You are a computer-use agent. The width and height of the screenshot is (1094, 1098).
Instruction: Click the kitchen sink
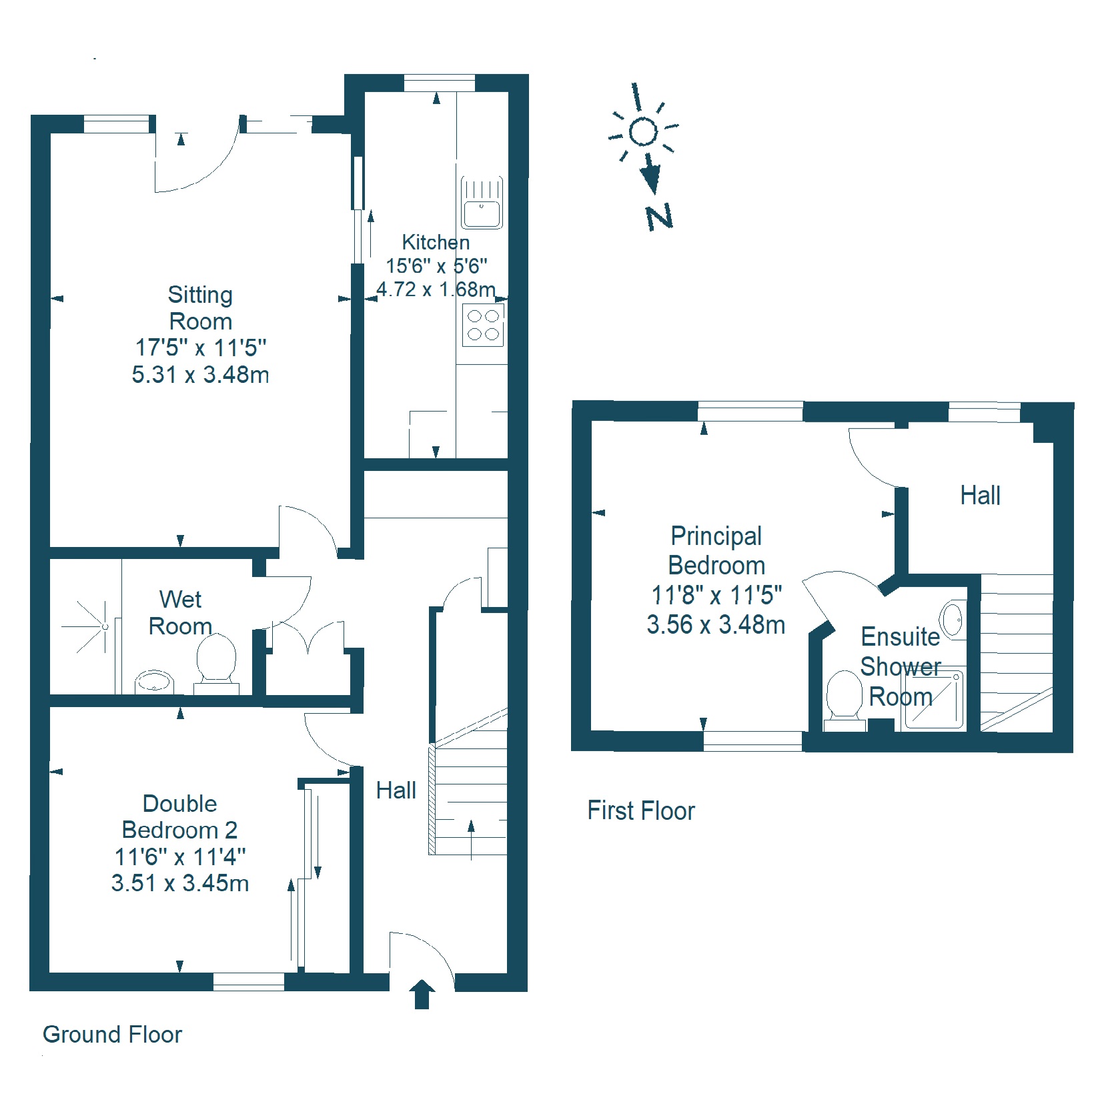(482, 203)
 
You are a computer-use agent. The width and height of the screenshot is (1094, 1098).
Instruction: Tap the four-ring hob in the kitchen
(483, 326)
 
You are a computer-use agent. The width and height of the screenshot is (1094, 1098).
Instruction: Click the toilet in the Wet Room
(217, 664)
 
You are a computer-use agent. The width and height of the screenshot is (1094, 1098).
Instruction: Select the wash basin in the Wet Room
(154, 682)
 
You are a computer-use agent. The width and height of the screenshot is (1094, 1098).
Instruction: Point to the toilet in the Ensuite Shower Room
(845, 700)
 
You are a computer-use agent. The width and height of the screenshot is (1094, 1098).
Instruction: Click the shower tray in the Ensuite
(933, 699)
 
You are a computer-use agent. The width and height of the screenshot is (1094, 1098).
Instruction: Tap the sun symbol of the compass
(643, 127)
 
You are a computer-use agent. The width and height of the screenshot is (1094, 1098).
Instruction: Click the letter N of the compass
(659, 217)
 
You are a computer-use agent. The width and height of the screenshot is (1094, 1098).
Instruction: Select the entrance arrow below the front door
(422, 994)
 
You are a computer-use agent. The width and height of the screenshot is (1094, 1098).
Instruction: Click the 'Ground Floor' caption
(112, 1035)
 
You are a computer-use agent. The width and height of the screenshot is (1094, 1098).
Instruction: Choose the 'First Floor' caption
(641, 811)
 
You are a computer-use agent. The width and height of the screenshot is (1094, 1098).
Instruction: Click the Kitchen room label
(436, 242)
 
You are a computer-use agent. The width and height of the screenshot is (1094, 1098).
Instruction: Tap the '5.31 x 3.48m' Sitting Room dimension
(200, 375)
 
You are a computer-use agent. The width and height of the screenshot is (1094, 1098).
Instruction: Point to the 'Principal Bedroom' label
(716, 551)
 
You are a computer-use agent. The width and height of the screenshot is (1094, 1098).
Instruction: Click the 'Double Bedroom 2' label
(179, 817)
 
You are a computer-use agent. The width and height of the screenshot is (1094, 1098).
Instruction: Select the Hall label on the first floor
(980, 496)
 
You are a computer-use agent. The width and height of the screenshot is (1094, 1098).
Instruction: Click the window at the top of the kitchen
(440, 83)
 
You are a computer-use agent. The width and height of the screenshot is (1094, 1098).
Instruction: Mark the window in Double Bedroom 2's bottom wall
(249, 981)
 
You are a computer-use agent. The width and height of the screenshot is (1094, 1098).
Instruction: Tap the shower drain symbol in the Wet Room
(105, 626)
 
